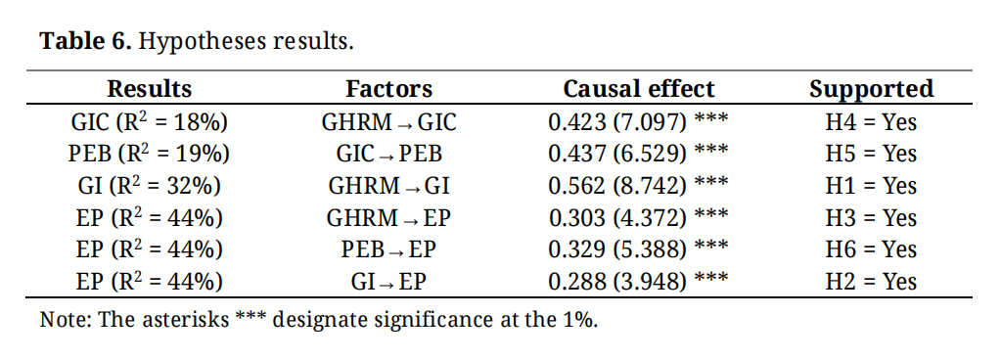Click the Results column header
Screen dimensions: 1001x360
(149, 89)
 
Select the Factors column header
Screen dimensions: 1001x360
(388, 89)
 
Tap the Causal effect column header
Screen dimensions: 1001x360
(638, 89)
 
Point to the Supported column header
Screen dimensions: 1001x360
(872, 89)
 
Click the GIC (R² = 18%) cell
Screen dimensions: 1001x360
(149, 121)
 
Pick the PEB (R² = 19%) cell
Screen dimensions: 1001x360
(149, 154)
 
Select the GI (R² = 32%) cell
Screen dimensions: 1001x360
(149, 185)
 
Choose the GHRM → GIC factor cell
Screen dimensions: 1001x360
(388, 121)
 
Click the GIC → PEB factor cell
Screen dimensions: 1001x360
(388, 154)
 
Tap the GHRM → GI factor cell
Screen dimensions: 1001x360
(388, 185)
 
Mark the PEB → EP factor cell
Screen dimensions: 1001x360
(388, 248)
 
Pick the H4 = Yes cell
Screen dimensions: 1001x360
(871, 121)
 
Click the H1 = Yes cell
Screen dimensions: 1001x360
(871, 185)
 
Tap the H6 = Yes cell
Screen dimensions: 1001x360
(871, 248)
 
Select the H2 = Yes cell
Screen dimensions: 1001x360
(871, 281)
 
